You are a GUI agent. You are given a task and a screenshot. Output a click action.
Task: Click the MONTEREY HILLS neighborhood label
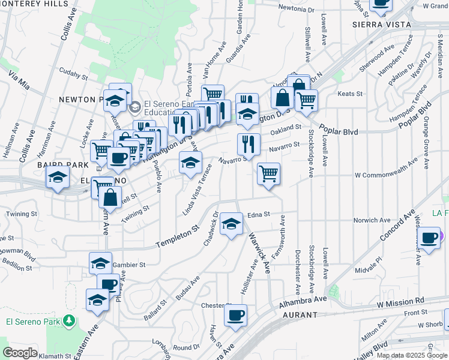coord(34,4)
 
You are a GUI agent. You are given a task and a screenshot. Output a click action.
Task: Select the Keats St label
coord(351,94)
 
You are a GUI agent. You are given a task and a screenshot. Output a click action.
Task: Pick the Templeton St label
coord(178,238)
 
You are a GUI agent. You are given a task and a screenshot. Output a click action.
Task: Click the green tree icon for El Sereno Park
coord(70,321)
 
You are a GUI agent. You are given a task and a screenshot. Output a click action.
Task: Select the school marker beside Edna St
coord(231,223)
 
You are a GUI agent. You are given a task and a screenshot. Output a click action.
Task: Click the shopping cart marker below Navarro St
coord(268,173)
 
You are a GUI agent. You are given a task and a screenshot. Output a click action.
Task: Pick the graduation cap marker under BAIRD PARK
coord(58,178)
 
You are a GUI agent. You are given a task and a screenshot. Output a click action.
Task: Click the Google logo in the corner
coord(20,353)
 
